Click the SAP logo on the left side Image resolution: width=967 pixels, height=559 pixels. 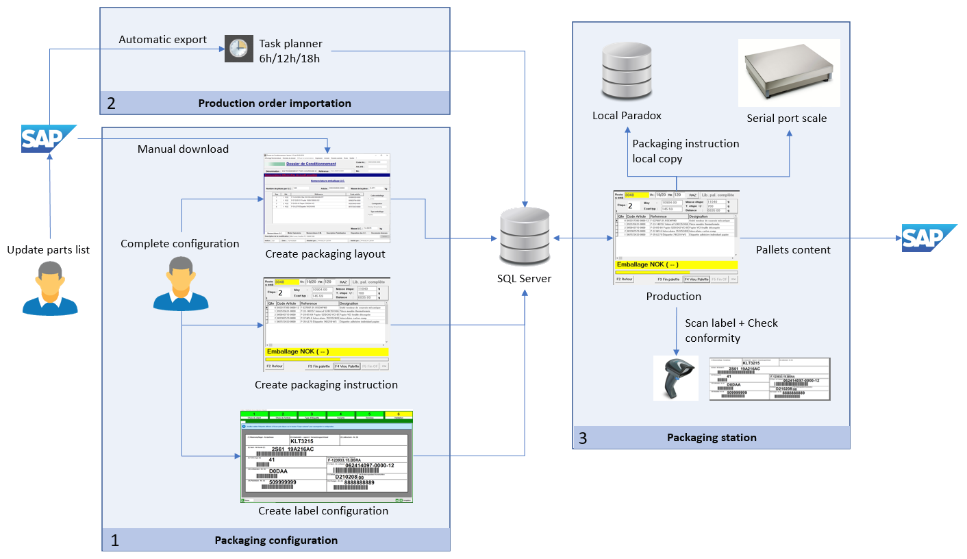coord(48,138)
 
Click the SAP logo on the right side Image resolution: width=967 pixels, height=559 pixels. coord(929,238)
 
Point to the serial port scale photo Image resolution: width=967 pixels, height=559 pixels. coord(788,73)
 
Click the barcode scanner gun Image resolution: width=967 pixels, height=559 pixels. coord(675,378)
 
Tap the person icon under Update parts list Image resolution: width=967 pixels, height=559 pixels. coord(48,288)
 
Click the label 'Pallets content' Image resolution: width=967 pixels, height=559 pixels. coord(793,250)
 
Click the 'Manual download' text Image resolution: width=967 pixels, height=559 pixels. coord(183,149)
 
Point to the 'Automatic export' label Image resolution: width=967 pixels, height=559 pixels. coord(163,40)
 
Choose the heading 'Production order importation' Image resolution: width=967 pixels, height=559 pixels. coord(275,103)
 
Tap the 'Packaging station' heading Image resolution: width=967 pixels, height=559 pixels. coord(712,437)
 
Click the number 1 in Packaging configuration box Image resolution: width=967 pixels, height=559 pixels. coord(114,541)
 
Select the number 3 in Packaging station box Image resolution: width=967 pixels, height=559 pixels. coord(583,438)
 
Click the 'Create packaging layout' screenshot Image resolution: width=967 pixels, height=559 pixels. coord(326,198)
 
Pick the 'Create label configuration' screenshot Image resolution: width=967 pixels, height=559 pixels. coord(327,456)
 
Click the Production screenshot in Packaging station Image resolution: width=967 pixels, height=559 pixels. coord(676,236)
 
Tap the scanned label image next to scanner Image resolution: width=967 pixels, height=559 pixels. coord(770,379)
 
